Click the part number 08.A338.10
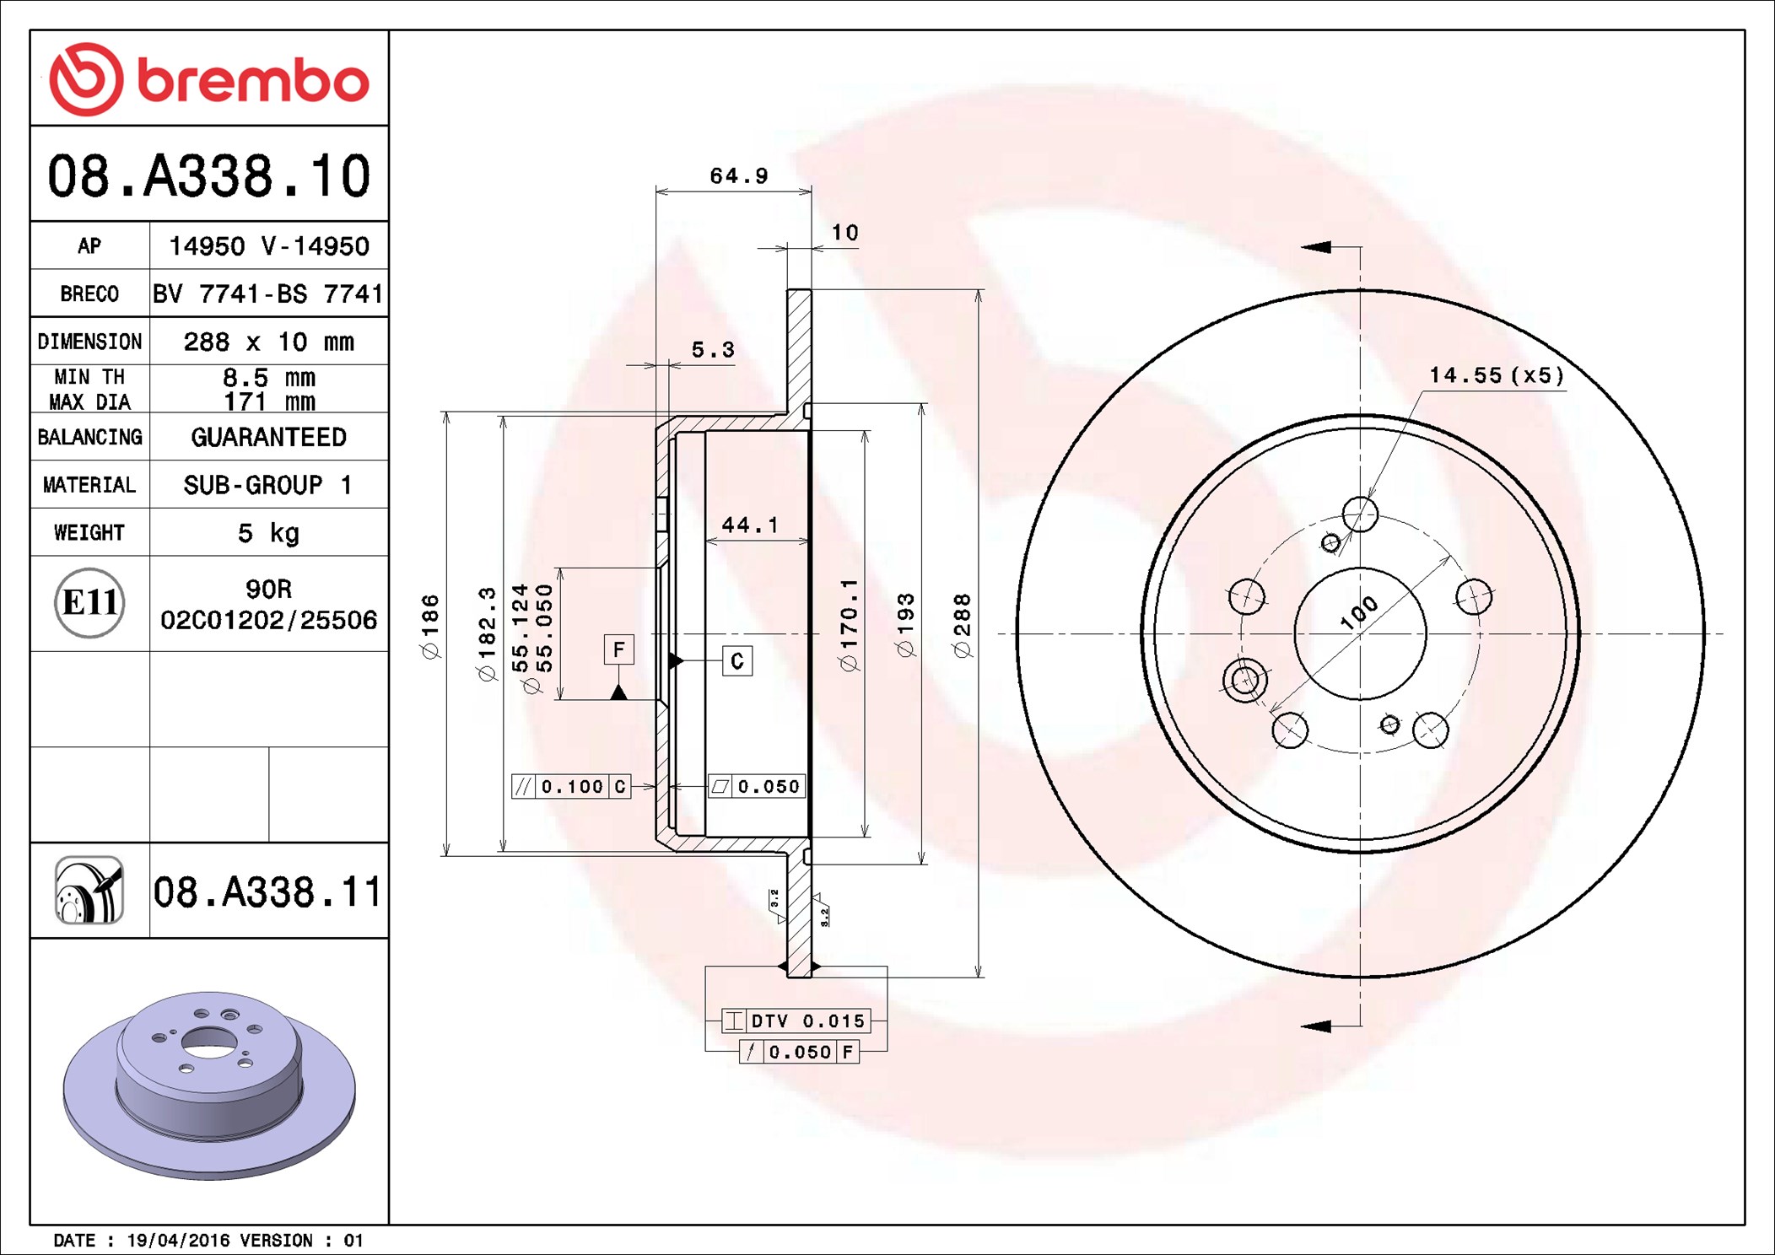pyautogui.click(x=208, y=175)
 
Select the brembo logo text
pyautogui.click(x=253, y=81)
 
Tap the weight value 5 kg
pyautogui.click(x=268, y=533)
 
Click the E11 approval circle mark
pyautogui.click(x=89, y=602)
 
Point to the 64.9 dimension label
pyautogui.click(x=739, y=175)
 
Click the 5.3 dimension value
pyautogui.click(x=713, y=349)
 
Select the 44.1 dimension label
pyautogui.click(x=750, y=525)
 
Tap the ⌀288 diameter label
pyautogui.click(x=963, y=625)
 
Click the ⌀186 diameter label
pyautogui.click(x=430, y=627)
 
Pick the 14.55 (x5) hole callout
pyautogui.click(x=1497, y=375)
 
